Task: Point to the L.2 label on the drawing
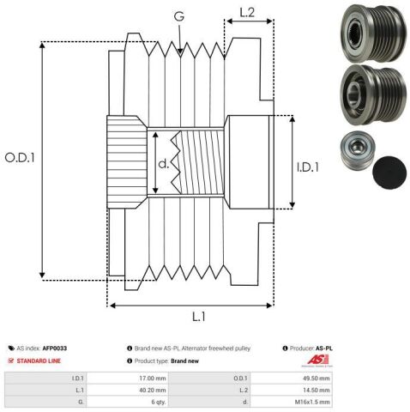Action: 246,13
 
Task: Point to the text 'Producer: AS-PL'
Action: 309,348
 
